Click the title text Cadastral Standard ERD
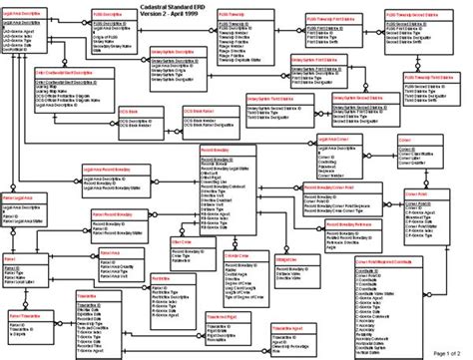click(236, 6)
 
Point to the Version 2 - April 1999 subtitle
click(236, 15)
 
